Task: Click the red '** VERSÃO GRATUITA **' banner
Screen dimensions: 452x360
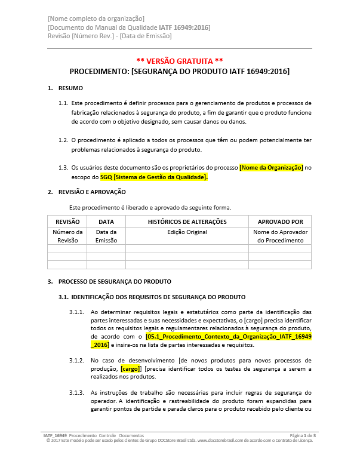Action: coord(180,61)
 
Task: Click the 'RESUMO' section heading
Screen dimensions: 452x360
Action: coord(70,88)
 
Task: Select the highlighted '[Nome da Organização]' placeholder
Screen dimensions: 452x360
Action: coord(271,168)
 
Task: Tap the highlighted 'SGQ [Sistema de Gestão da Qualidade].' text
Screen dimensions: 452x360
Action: coord(154,177)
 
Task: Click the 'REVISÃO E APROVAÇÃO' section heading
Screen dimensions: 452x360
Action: coord(92,192)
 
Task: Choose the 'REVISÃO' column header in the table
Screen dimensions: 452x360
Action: coord(67,222)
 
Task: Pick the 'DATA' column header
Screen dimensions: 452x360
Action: coord(106,222)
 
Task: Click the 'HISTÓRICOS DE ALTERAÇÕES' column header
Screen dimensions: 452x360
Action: coord(187,222)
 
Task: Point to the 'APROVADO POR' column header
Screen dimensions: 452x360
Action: coord(280,222)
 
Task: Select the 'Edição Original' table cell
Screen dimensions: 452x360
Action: coord(187,232)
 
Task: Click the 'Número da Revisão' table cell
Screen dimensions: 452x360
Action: coord(67,236)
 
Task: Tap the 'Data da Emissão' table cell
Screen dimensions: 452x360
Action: coord(106,236)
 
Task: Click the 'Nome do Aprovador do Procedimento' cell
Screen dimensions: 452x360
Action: coord(280,236)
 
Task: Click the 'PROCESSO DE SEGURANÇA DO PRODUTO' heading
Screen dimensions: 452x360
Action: coord(115,281)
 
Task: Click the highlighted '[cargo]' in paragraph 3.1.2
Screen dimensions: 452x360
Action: coord(130,369)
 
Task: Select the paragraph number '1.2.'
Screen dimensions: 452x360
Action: coord(63,140)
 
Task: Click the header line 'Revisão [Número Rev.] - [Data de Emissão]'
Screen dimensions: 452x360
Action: coord(109,36)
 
